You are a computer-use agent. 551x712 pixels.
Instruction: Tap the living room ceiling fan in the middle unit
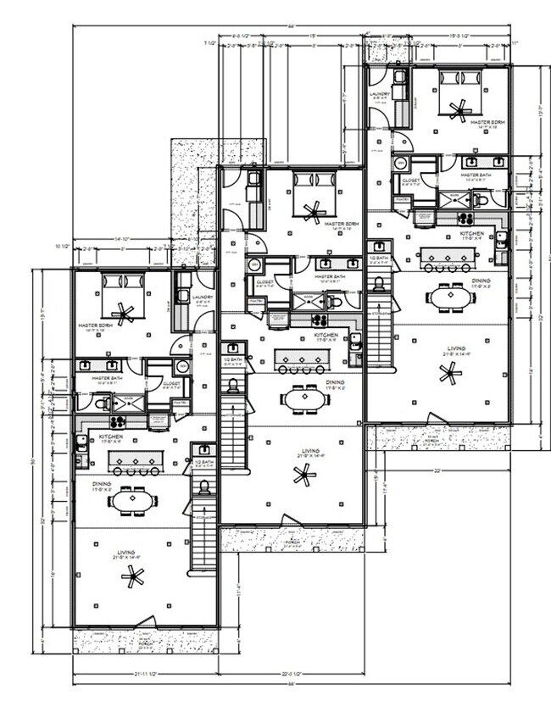(x=303, y=476)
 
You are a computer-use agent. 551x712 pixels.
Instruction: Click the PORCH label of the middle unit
(x=293, y=542)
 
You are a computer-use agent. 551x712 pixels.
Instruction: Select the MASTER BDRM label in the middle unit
(x=342, y=225)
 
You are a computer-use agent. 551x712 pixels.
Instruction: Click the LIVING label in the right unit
(x=456, y=348)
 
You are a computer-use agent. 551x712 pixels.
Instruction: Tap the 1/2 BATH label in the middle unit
(x=234, y=359)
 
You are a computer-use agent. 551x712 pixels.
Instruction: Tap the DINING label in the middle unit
(x=336, y=383)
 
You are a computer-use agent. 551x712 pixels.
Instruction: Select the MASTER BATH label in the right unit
(x=475, y=175)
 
